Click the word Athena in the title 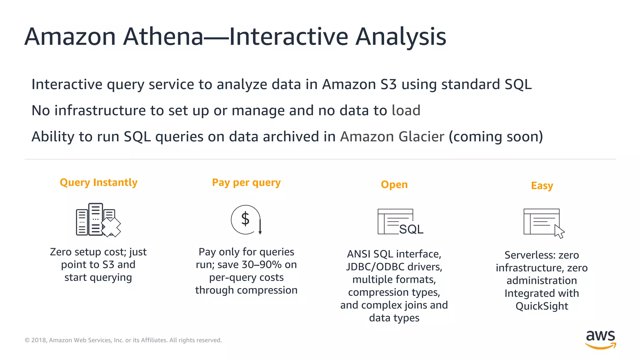pos(163,37)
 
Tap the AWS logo pos(600,340)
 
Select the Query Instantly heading pos(98,182)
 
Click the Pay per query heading pos(246,182)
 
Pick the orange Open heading pos(394,185)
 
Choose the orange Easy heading pos(542,186)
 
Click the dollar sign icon pos(246,219)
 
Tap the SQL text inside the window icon pos(411,229)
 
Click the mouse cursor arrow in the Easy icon pos(559,232)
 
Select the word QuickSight pos(542,306)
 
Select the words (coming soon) pos(496,137)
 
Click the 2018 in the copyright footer pos(39,340)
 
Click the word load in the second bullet pos(406,111)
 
